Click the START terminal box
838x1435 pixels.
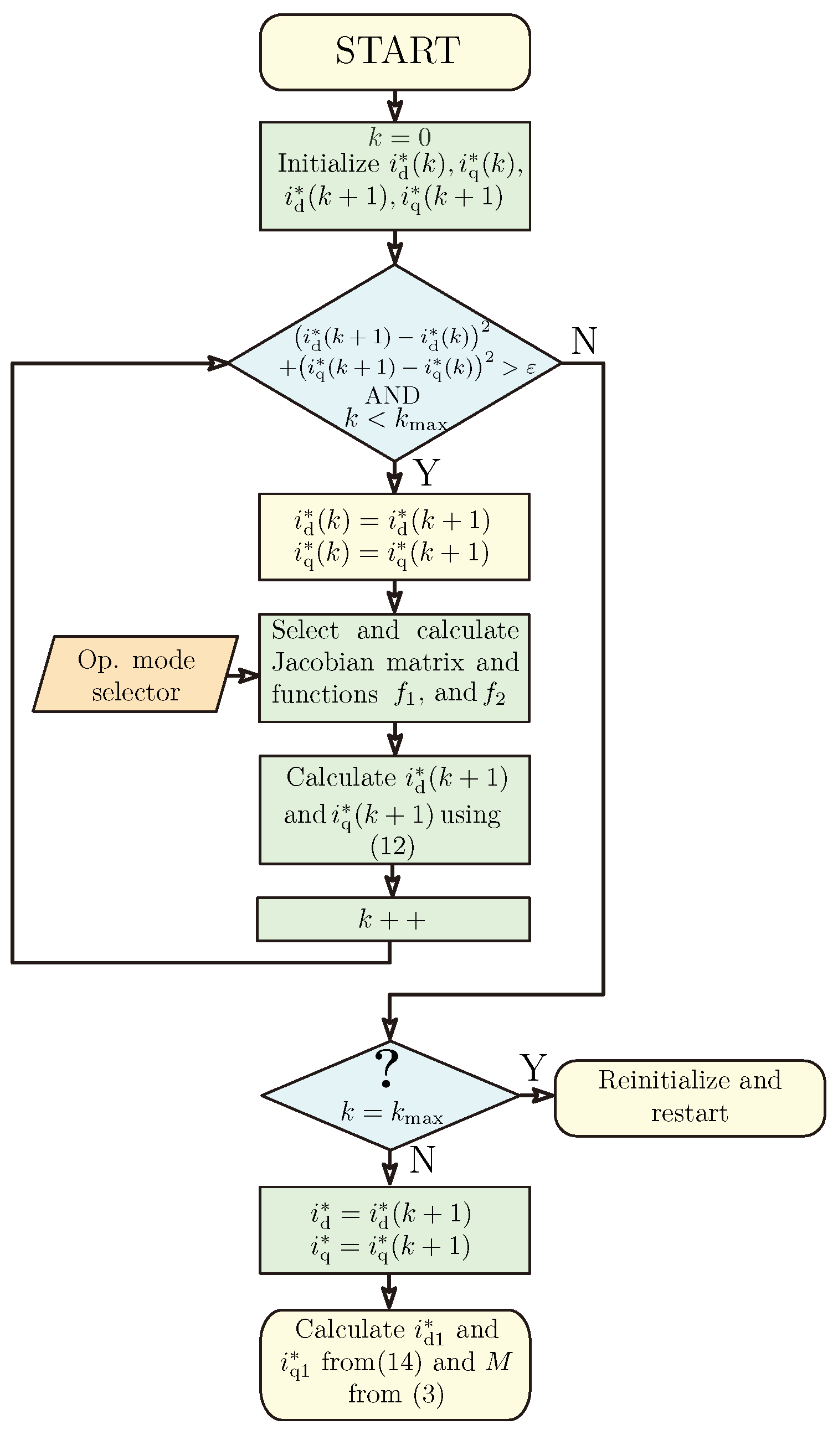(395, 52)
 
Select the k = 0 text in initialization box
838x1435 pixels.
(399, 137)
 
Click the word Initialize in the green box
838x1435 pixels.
(328, 164)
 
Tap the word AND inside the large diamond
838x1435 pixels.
(393, 395)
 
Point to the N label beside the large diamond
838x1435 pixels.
(584, 341)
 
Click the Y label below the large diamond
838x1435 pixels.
(426, 472)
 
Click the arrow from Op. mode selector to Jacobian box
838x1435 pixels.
(243, 676)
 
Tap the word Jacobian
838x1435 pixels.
(322, 662)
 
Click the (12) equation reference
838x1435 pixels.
(392, 846)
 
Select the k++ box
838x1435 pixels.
(393, 920)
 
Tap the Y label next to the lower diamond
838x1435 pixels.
(533, 1068)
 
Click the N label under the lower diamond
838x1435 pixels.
(422, 1159)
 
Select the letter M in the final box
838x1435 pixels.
(499, 1361)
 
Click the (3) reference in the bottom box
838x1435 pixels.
(428, 1394)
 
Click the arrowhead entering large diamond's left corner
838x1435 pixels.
(219, 363)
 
